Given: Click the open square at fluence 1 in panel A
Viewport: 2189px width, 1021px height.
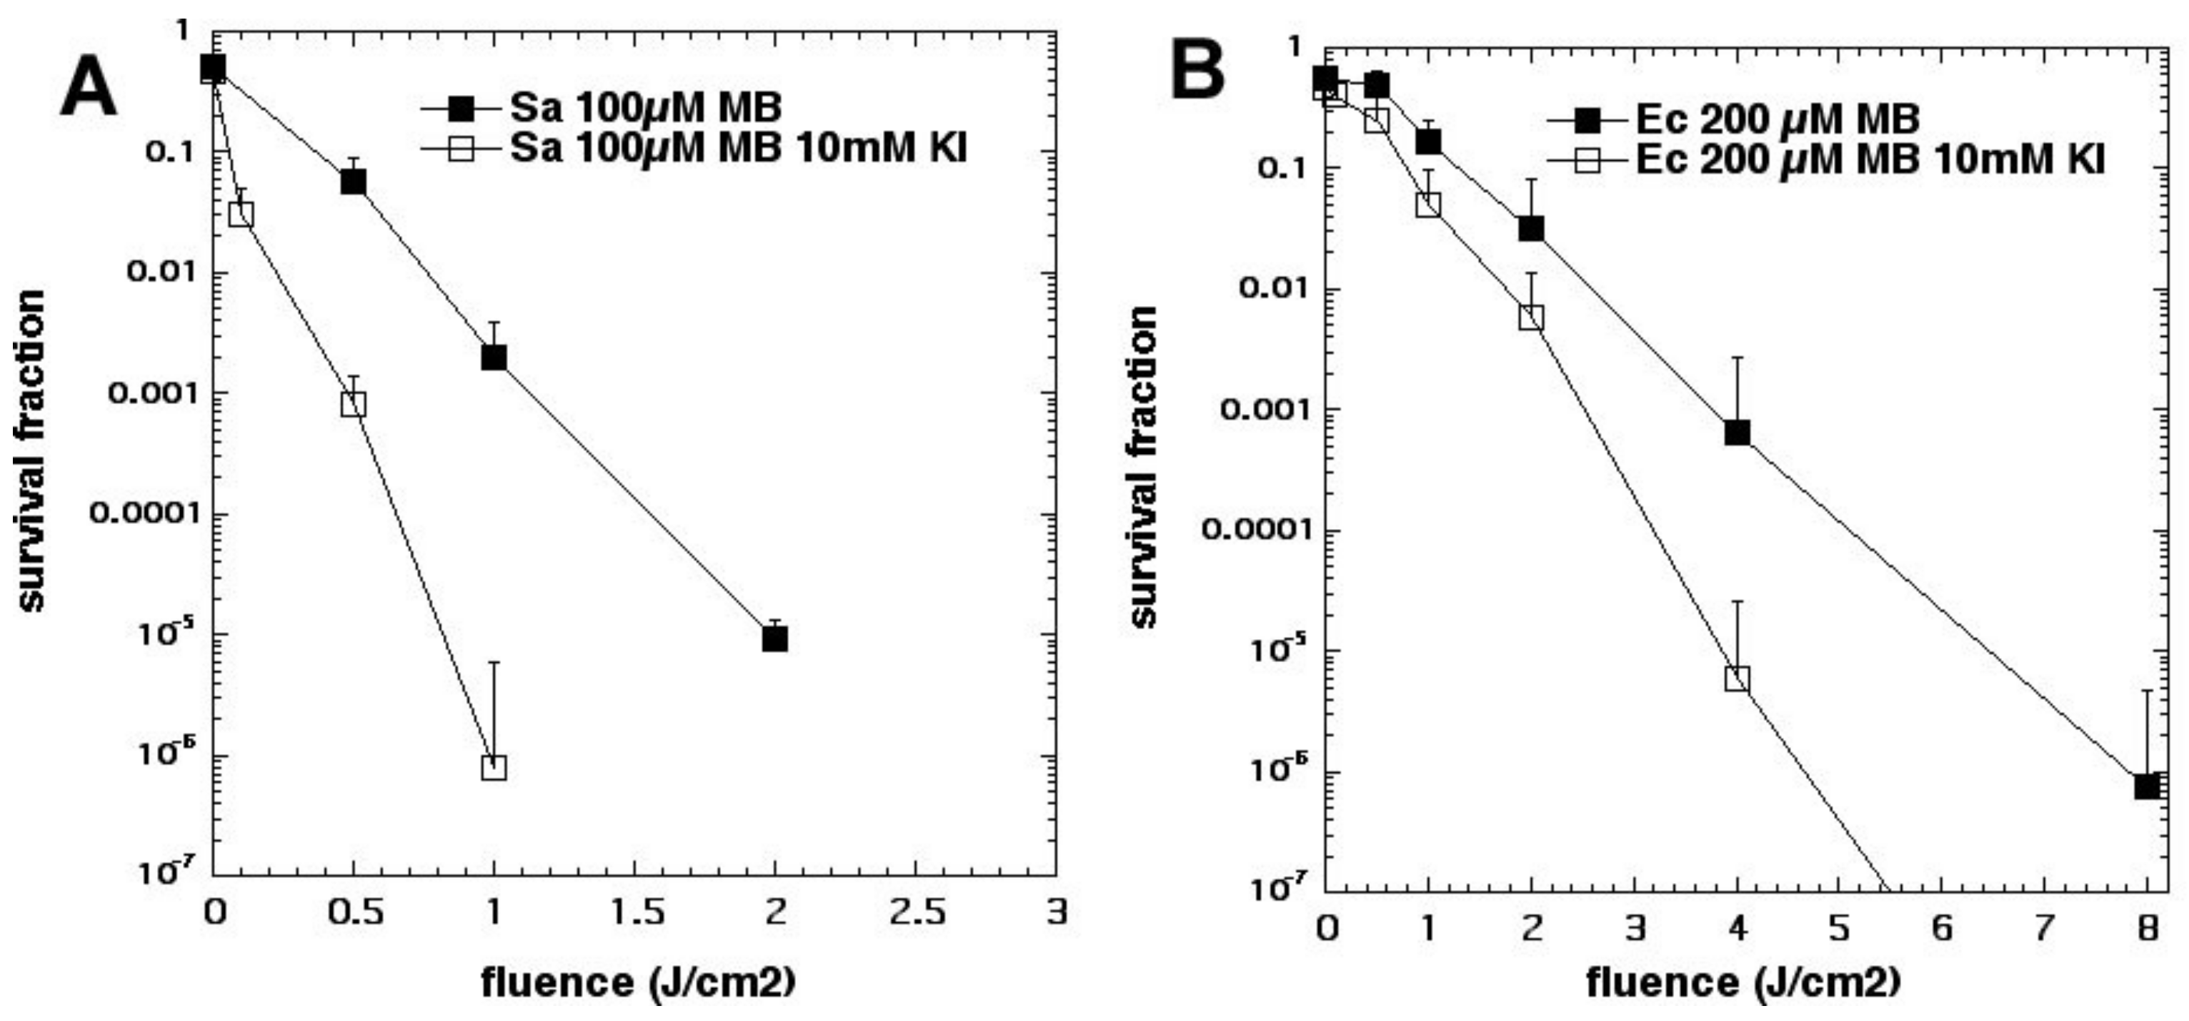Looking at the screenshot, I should [x=494, y=766].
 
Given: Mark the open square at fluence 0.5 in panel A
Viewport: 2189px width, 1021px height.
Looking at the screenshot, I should [x=354, y=403].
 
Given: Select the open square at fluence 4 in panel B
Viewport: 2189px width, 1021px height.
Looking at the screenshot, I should [x=1737, y=679].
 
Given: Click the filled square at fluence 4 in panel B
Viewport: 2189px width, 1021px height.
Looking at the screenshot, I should [x=1737, y=433].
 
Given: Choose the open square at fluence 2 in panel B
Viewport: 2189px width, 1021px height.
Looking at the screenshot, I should [x=1531, y=318].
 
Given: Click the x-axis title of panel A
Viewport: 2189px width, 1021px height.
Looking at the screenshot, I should [x=638, y=982].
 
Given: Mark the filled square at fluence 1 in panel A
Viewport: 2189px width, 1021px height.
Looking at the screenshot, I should [x=494, y=357].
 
